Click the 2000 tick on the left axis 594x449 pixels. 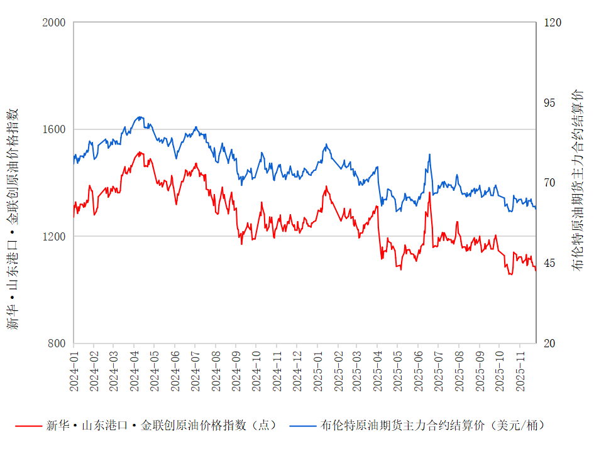53,23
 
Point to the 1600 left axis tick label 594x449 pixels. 53,129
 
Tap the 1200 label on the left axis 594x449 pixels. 53,237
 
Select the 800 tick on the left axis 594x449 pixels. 56,344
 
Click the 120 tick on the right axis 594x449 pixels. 553,23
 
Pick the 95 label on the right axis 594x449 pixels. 550,103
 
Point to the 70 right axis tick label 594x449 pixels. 550,183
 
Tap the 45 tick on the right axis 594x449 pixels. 550,263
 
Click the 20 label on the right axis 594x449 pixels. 550,344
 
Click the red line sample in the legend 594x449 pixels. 27,426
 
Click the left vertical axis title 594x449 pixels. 13,219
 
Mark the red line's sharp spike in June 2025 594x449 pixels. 430,193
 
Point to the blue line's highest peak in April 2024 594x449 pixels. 140,117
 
